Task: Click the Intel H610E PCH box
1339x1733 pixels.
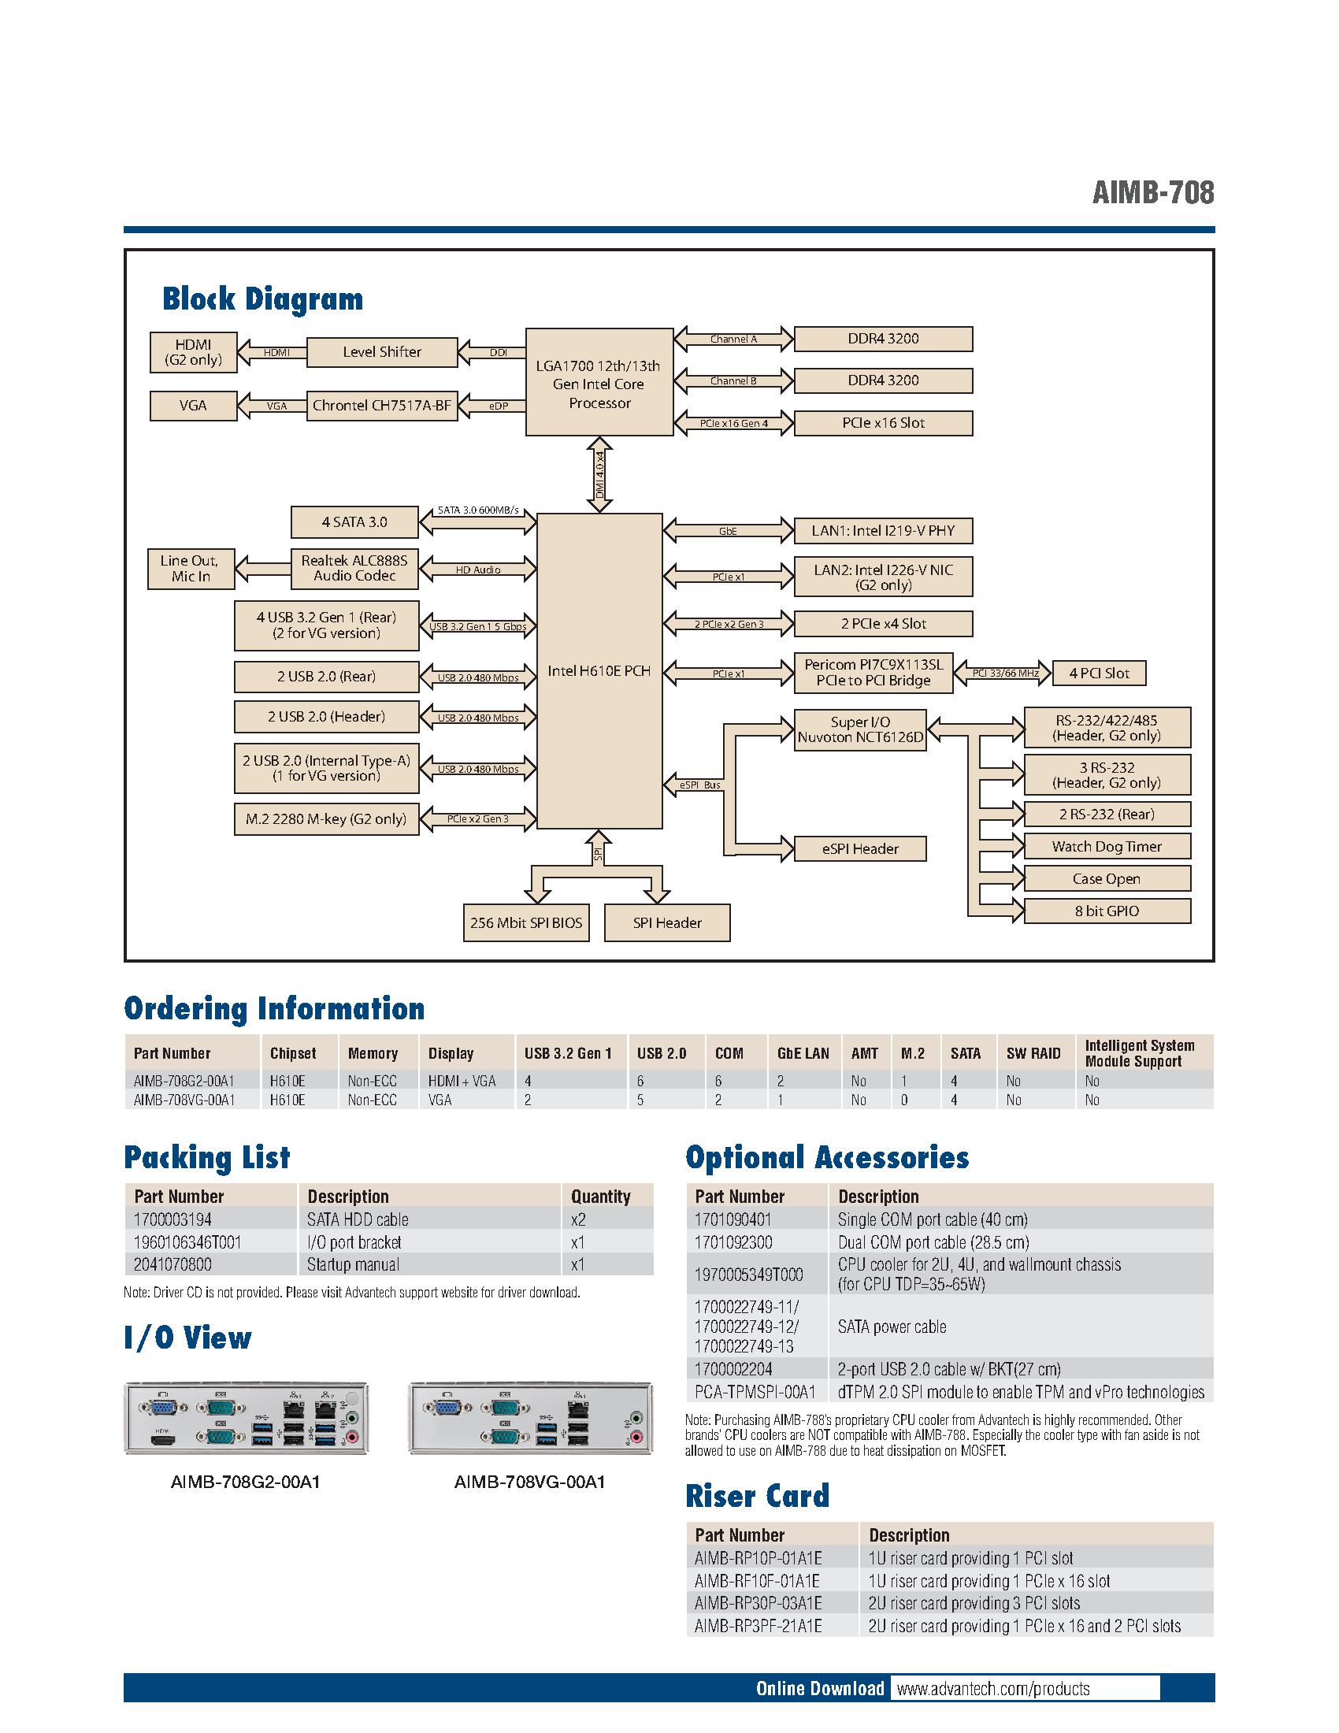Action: tap(599, 670)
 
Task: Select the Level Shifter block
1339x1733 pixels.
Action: tap(381, 352)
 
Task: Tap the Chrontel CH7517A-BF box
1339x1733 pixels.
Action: tap(381, 406)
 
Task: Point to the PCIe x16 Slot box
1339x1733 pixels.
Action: tap(883, 423)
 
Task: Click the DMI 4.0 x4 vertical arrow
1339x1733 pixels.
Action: tap(599, 473)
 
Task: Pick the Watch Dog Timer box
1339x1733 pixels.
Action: tap(1107, 847)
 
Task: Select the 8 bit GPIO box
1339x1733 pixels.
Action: tap(1107, 911)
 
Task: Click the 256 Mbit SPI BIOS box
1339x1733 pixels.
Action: tap(526, 923)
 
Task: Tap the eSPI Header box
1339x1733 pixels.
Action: tap(860, 849)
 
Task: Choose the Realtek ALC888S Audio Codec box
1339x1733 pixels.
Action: tap(354, 568)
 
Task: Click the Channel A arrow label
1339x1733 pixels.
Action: tap(733, 339)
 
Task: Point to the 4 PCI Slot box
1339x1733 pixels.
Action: tap(1099, 674)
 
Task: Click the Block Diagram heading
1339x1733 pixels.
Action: tap(262, 299)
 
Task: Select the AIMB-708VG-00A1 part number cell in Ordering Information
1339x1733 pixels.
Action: tap(184, 1100)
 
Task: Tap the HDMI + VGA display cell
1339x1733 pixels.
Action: tap(462, 1081)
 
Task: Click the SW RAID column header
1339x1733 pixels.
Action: tap(1033, 1054)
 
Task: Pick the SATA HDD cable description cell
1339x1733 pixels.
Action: tap(358, 1219)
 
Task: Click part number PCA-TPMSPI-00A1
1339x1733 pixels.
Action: tap(755, 1392)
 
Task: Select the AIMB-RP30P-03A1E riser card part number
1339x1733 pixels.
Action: tap(758, 1603)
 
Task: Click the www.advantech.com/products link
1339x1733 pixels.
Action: tap(992, 1689)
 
